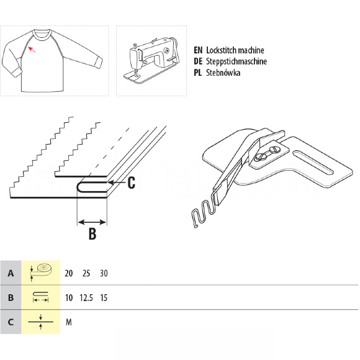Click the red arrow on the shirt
click(x=32, y=50)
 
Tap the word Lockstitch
click(x=221, y=50)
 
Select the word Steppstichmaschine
click(x=236, y=61)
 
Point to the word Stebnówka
click(x=223, y=73)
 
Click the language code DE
click(x=198, y=61)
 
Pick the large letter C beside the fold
click(x=131, y=183)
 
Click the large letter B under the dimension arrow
click(x=92, y=234)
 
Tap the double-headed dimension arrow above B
click(x=92, y=222)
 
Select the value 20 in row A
click(x=69, y=274)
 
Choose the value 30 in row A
click(x=104, y=274)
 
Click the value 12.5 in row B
click(x=86, y=298)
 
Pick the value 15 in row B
click(x=104, y=298)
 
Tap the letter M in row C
click(x=69, y=322)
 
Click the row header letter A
click(x=11, y=274)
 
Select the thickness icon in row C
click(x=40, y=322)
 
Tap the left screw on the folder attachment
click(x=260, y=157)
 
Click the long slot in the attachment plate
click(x=313, y=162)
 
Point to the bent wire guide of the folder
click(x=202, y=213)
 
